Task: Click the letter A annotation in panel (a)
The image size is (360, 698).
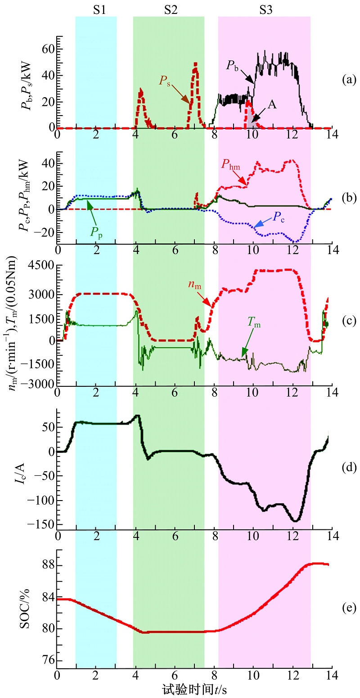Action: (x=272, y=104)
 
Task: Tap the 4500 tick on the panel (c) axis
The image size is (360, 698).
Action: (x=42, y=265)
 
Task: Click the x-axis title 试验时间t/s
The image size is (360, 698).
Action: (x=194, y=688)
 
